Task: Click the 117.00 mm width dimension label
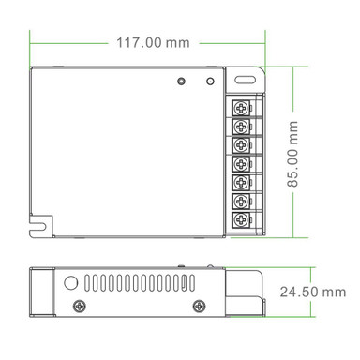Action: pos(152,42)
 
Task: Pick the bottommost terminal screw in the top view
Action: pos(241,220)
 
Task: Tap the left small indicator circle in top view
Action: pos(180,82)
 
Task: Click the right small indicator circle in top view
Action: pos(210,81)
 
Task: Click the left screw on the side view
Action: pos(78,306)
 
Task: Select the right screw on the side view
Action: pos(199,306)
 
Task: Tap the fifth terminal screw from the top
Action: pos(241,182)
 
